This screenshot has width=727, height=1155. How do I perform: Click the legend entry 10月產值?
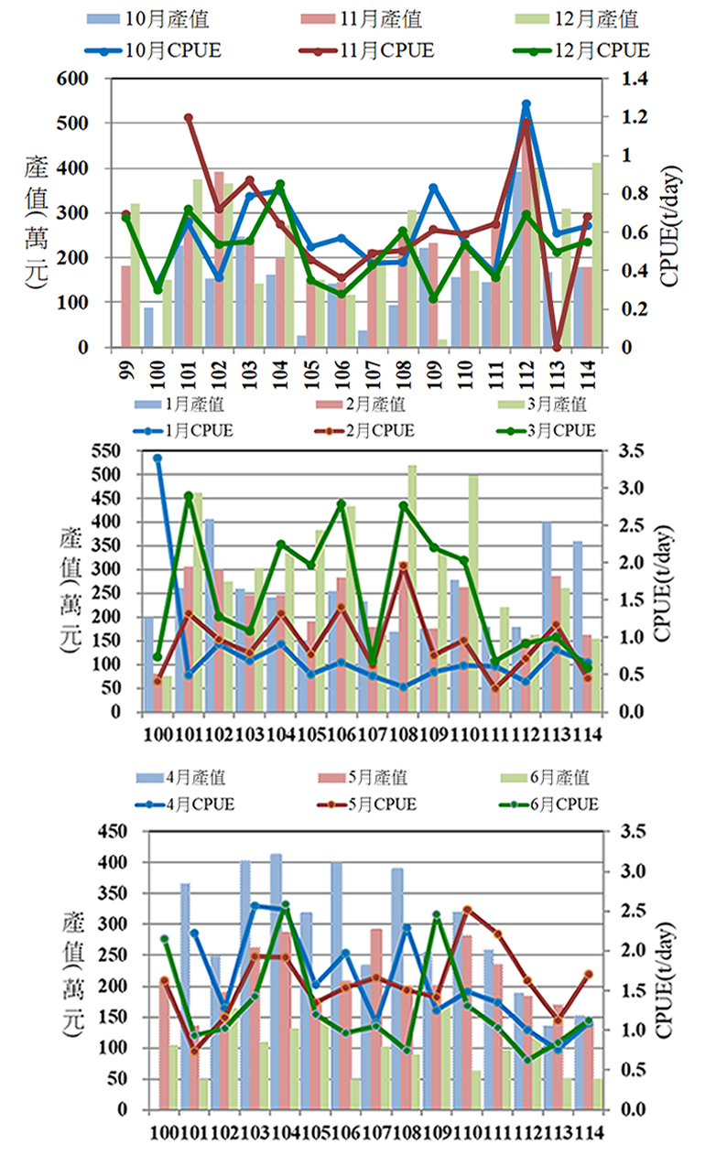pyautogui.click(x=148, y=19)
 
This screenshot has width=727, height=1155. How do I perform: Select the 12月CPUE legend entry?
pyautogui.click(x=581, y=50)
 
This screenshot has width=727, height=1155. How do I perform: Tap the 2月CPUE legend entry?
pyautogui.click(x=364, y=430)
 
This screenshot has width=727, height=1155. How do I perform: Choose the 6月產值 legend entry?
pyautogui.click(x=545, y=777)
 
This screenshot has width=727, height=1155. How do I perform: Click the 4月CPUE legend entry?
pyautogui.click(x=185, y=804)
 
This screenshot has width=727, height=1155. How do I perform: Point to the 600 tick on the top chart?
pyautogui.click(x=72, y=79)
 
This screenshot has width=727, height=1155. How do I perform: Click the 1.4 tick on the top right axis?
pyautogui.click(x=635, y=79)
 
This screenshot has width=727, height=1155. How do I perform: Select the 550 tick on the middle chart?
pyautogui.click(x=106, y=450)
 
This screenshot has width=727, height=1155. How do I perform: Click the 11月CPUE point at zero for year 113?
pyautogui.click(x=557, y=347)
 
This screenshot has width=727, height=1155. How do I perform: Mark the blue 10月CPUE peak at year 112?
pyautogui.click(x=526, y=104)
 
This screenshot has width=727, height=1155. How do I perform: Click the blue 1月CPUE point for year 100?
pyautogui.click(x=157, y=458)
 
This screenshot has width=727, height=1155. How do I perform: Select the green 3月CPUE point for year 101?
pyautogui.click(x=189, y=495)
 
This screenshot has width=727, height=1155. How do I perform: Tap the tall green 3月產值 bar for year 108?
pyautogui.click(x=412, y=588)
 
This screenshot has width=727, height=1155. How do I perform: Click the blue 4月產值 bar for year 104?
pyautogui.click(x=276, y=981)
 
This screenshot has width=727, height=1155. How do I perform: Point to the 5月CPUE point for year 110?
pyautogui.click(x=468, y=910)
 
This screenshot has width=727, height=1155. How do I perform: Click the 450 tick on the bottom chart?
pyautogui.click(x=113, y=831)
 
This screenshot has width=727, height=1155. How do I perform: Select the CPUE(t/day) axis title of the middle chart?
pyautogui.click(x=664, y=583)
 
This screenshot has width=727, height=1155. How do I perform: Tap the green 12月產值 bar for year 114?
pyautogui.click(x=596, y=254)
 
